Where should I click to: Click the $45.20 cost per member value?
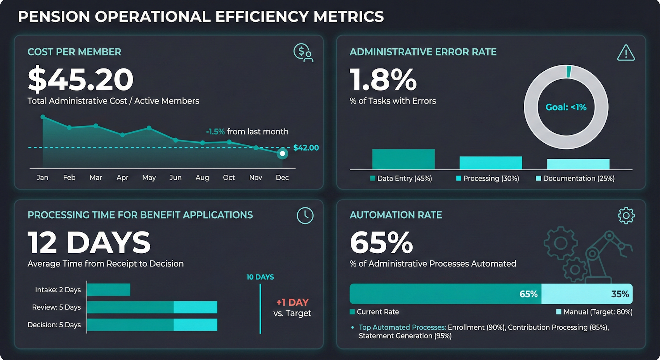coord(81,80)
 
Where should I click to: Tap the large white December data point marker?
coord(283,153)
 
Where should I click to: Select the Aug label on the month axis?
coord(202,177)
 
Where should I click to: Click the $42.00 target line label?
coord(306,148)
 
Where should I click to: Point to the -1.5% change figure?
coord(215,132)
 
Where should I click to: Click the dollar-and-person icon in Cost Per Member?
coord(303,53)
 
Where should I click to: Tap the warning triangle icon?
coord(626,53)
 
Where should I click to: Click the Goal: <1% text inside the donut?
coord(566,107)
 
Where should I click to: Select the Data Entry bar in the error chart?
coord(403,159)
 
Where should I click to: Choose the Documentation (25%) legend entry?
coord(575,178)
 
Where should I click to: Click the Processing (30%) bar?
coord(491,163)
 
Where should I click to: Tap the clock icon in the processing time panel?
coord(305,216)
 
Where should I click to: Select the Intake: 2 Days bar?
coord(109,290)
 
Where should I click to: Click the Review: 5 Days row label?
coord(56,307)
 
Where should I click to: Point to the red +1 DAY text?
coord(292,302)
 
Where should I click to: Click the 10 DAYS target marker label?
coord(260,277)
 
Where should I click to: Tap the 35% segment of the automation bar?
coord(587,294)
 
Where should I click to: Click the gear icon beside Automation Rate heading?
coord(626,216)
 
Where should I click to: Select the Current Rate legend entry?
coord(374,312)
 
